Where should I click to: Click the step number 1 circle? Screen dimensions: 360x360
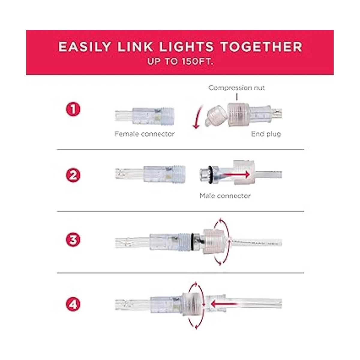73,109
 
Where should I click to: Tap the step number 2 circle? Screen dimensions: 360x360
73,175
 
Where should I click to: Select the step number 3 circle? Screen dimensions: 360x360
73,240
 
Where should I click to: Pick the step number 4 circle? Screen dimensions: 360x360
73,304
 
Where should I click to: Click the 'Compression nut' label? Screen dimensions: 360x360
236,88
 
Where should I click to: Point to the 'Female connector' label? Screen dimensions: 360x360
144,134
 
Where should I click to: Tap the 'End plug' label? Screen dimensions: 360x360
266,134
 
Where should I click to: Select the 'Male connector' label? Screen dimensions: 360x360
225,196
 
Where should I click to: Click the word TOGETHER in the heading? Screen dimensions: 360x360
261,47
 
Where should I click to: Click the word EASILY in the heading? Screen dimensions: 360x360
84,47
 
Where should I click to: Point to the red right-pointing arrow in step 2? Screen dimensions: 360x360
236,175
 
